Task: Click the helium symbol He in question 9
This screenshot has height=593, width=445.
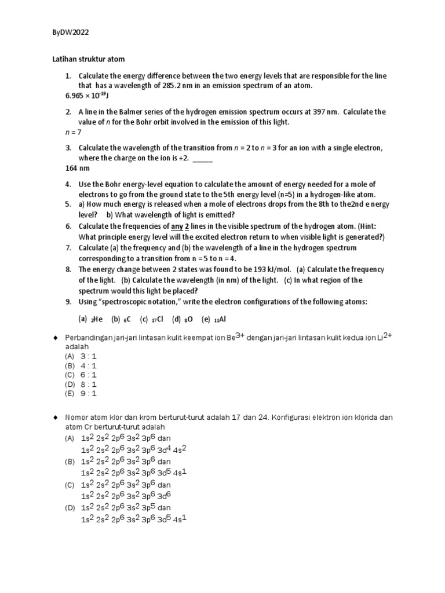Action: coord(97,319)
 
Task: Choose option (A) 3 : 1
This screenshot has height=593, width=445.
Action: coord(81,357)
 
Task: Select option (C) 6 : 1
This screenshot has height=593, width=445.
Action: coord(81,375)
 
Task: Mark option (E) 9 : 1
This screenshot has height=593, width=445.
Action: coord(81,393)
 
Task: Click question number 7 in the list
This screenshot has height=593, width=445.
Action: coord(68,248)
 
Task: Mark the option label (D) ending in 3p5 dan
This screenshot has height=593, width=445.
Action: coord(70,509)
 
